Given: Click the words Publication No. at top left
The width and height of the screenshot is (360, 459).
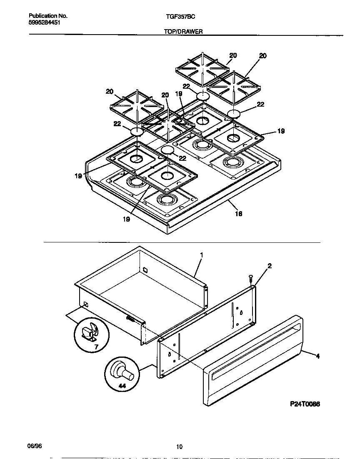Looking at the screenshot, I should click(48, 16).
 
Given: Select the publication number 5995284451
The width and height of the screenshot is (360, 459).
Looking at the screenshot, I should click(45, 22).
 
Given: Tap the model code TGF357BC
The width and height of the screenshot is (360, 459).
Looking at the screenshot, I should click(178, 16).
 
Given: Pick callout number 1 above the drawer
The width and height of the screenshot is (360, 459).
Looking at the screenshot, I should click(201, 254).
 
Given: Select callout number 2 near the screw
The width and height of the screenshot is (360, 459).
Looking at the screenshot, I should click(270, 266).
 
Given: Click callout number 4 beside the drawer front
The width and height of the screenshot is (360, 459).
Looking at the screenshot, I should click(318, 356).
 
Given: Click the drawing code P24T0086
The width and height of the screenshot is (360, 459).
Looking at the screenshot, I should click(305, 404).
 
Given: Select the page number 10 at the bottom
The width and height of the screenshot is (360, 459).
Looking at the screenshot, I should click(179, 447).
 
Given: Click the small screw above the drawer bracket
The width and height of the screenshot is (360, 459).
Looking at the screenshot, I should click(251, 278).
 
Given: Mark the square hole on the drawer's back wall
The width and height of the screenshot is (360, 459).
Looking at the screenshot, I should click(145, 269).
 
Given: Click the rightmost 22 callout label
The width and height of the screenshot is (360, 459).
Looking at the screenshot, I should click(260, 105).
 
